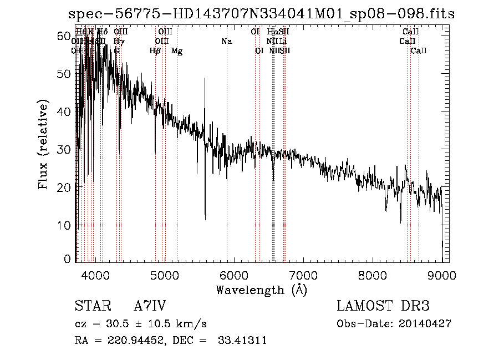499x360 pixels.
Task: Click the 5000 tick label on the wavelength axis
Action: [164, 275]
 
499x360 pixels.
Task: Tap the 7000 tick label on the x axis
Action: [303, 275]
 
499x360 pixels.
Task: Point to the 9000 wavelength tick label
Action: [442, 275]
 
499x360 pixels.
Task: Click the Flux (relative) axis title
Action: [43, 144]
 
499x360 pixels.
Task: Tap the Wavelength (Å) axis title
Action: [261, 290]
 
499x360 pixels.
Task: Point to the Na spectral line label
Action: [226, 42]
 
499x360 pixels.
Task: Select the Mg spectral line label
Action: [177, 51]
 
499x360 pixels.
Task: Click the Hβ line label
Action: [155, 51]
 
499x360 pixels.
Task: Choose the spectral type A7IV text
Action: [150, 306]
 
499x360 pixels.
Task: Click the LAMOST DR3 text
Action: [383, 306]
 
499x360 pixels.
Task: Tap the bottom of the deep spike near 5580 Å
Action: [205, 219]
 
